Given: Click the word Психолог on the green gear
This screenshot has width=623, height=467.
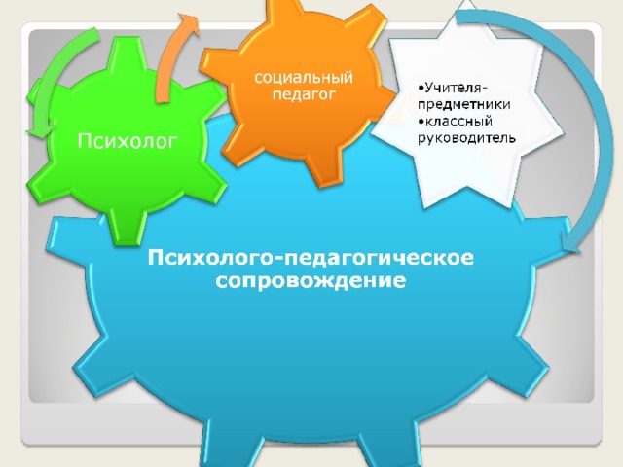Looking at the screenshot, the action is (127, 141).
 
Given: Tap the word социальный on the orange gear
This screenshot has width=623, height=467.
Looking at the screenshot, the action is (304, 77).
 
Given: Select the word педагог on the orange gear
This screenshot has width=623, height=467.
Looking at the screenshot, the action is (304, 95).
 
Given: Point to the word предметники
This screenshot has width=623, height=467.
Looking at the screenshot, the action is (463, 104).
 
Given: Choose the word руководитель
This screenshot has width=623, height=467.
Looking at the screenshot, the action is (466, 138).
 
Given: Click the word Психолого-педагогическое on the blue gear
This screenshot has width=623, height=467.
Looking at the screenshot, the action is (311, 258).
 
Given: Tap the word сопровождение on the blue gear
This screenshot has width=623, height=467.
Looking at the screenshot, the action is (311, 281).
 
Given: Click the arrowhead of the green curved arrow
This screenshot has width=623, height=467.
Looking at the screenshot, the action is (40, 129).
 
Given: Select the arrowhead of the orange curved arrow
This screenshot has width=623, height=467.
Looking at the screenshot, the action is (188, 23).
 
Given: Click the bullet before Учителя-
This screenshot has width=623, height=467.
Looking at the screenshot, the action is (421, 88).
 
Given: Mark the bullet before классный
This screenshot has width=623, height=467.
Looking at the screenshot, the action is (421, 121).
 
